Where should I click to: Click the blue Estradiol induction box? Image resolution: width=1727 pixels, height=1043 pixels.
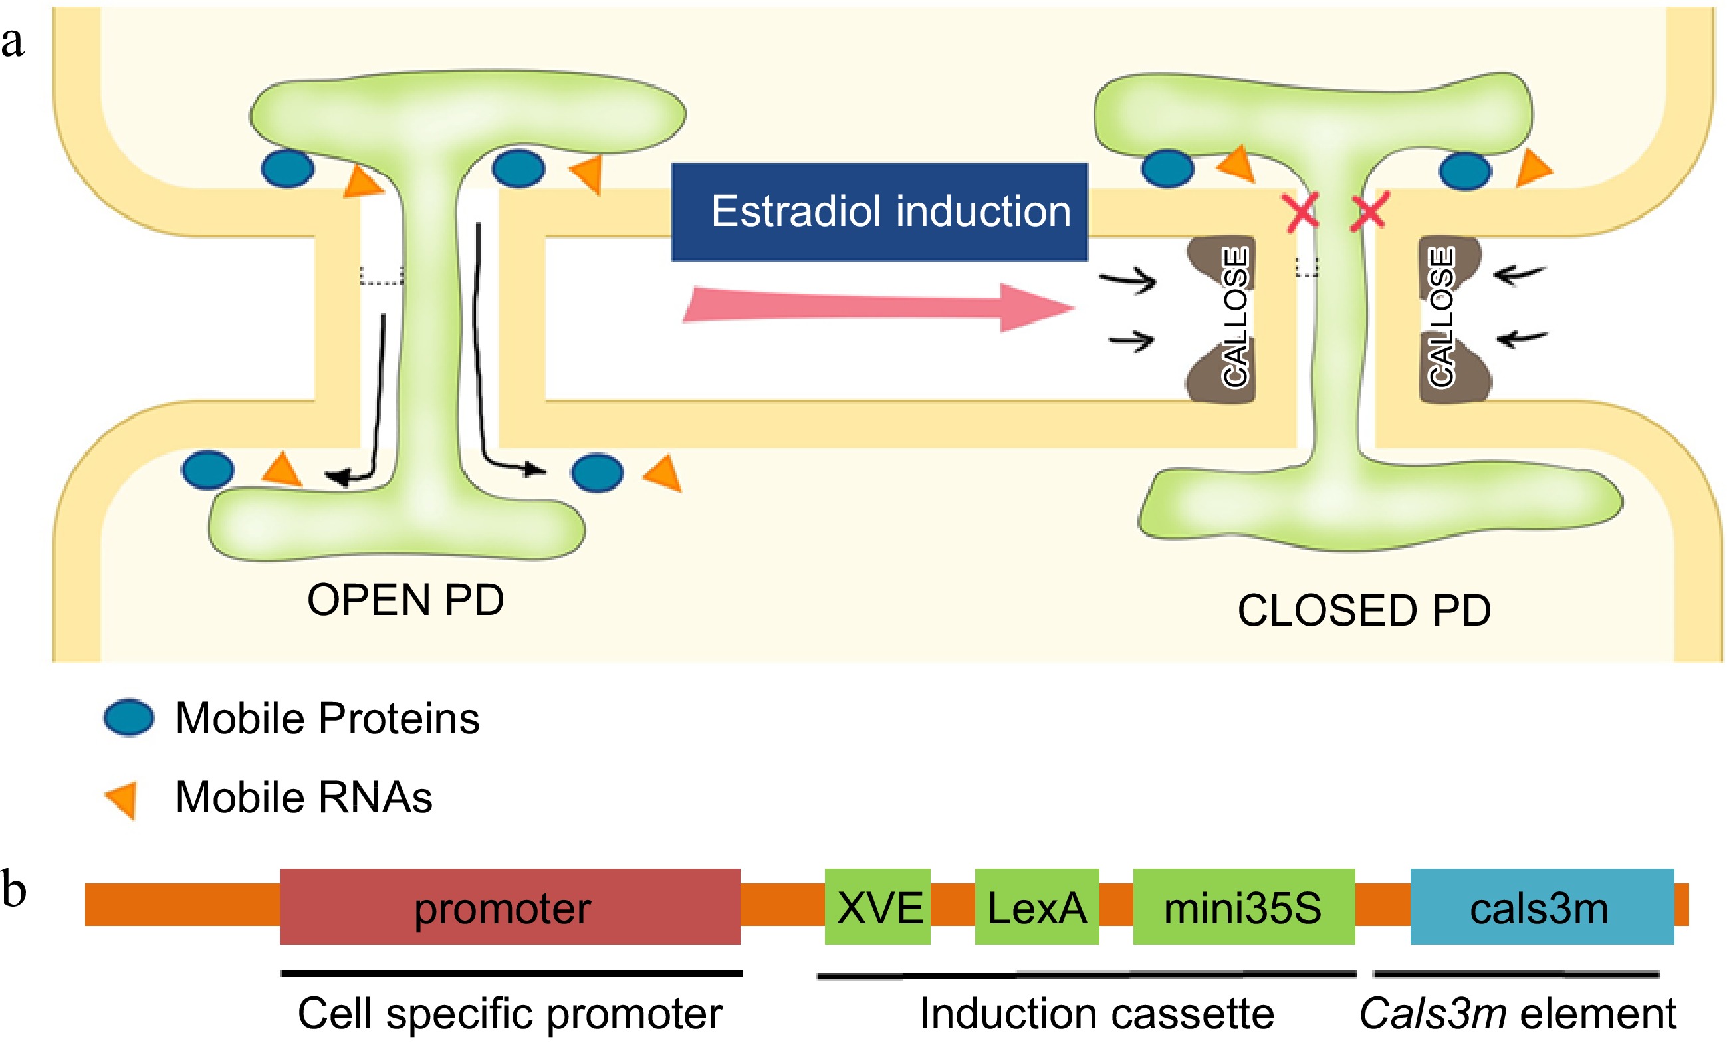[879, 211]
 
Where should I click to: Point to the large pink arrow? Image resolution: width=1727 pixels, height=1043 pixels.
[876, 307]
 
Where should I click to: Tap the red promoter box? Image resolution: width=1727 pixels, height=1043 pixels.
[510, 906]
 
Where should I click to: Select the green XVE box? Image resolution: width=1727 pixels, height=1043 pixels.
[877, 906]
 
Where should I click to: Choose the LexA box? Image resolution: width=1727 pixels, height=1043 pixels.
[1036, 906]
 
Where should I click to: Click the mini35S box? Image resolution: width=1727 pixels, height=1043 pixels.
[1242, 906]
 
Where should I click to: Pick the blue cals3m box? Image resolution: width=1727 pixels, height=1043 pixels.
[1542, 906]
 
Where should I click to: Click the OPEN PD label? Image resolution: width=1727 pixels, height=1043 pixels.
[405, 600]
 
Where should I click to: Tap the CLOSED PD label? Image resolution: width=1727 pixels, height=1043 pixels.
[1364, 610]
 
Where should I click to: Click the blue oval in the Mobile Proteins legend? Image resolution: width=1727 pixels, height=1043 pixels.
[129, 718]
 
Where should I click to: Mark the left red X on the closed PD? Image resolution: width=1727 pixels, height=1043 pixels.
[1300, 211]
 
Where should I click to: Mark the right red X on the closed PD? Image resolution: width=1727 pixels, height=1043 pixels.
[1368, 211]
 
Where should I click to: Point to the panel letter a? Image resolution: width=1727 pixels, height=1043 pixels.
[13, 42]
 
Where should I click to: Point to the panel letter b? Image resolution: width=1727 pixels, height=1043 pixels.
[13, 889]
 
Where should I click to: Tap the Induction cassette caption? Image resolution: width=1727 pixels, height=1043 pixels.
[1096, 1014]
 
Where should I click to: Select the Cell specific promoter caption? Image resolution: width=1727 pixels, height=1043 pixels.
[510, 1014]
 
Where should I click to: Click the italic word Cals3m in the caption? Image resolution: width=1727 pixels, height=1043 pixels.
[1432, 1014]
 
